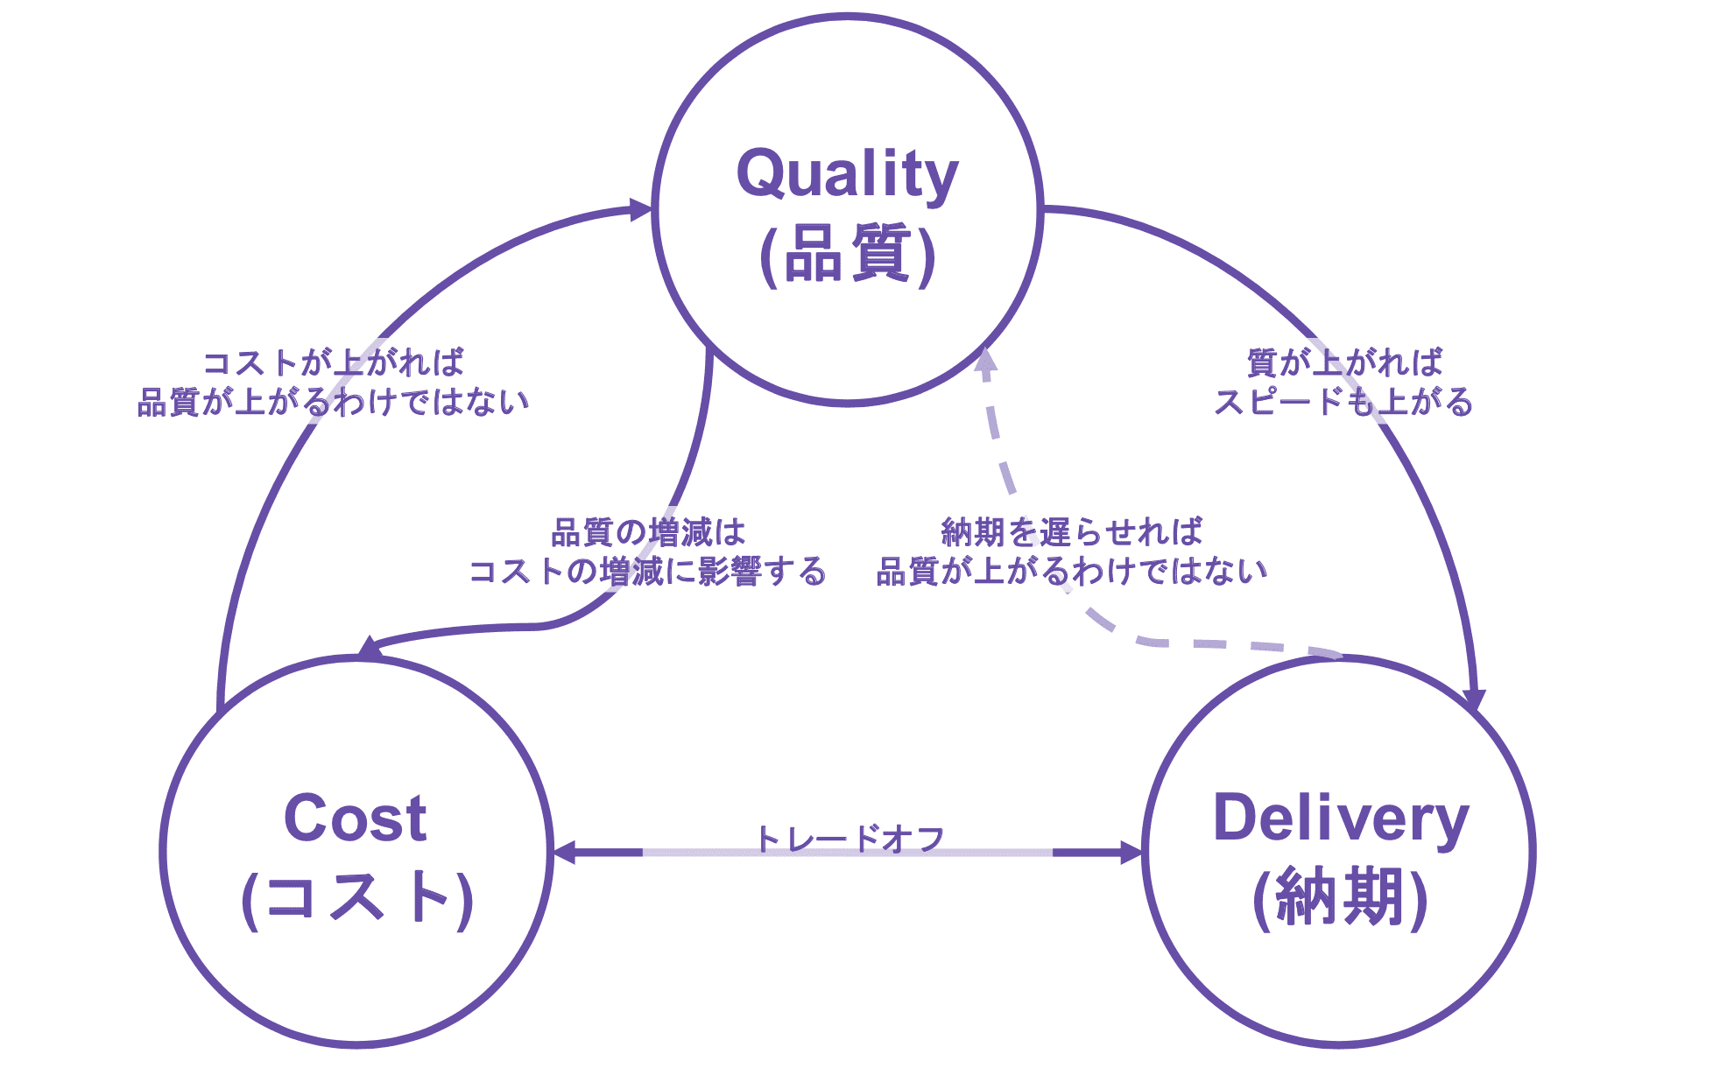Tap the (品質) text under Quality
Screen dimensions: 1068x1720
point(847,255)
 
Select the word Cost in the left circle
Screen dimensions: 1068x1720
point(356,819)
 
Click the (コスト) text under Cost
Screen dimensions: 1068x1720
point(356,898)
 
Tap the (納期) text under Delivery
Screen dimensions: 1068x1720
point(1340,898)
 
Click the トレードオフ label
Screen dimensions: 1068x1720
point(849,839)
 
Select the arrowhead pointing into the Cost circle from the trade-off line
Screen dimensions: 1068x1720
point(565,852)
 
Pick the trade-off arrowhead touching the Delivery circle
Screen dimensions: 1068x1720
point(1131,852)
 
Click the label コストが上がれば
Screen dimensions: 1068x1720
point(333,362)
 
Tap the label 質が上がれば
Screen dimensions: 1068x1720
point(1344,362)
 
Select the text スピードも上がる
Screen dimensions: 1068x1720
point(1343,403)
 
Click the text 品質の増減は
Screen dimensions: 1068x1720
point(648,532)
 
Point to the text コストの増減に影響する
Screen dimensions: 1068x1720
point(648,572)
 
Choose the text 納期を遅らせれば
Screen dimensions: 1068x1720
point(1072,532)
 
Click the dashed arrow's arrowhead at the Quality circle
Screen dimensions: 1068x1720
point(986,362)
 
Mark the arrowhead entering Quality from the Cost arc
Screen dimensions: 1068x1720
point(641,209)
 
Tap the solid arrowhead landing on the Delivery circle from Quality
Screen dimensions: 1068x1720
point(1475,700)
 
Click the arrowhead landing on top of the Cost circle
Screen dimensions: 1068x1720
point(371,650)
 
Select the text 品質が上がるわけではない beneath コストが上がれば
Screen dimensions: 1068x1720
point(333,403)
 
